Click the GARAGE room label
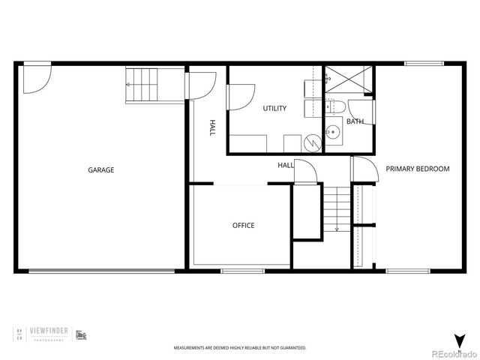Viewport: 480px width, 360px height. pyautogui.click(x=101, y=170)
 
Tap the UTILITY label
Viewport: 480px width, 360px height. pyautogui.click(x=274, y=109)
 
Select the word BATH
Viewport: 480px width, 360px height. pyautogui.click(x=355, y=121)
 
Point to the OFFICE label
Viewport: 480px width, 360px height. pyautogui.click(x=243, y=226)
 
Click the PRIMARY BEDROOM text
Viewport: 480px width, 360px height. pyautogui.click(x=418, y=169)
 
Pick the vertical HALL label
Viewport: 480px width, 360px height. pyautogui.click(x=212, y=127)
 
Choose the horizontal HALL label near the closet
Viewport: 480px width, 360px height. pyautogui.click(x=286, y=166)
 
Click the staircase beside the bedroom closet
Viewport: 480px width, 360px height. pyautogui.click(x=337, y=209)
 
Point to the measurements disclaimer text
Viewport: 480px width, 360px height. pyautogui.click(x=240, y=349)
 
